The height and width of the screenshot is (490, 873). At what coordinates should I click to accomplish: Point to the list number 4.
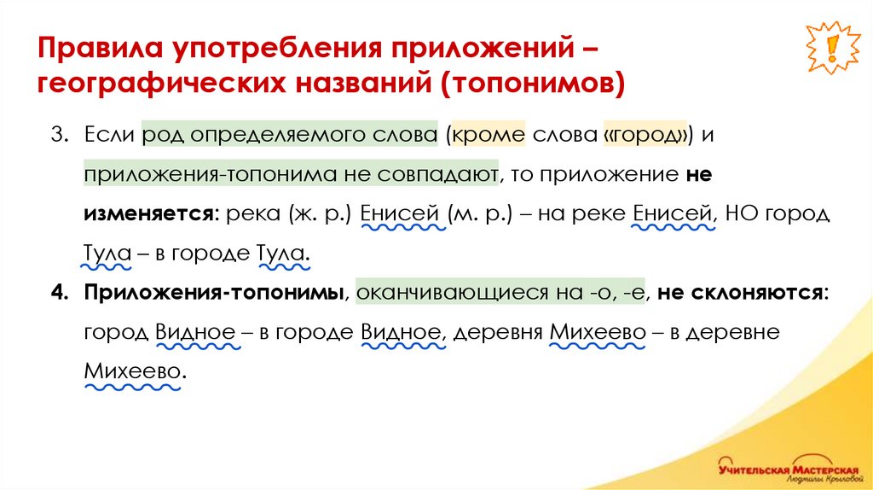pos(58,294)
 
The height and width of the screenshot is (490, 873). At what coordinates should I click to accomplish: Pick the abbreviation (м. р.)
pos(480,213)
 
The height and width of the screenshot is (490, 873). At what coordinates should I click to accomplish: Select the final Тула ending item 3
pos(281,254)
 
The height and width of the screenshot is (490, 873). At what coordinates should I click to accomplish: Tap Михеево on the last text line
pos(133,372)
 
